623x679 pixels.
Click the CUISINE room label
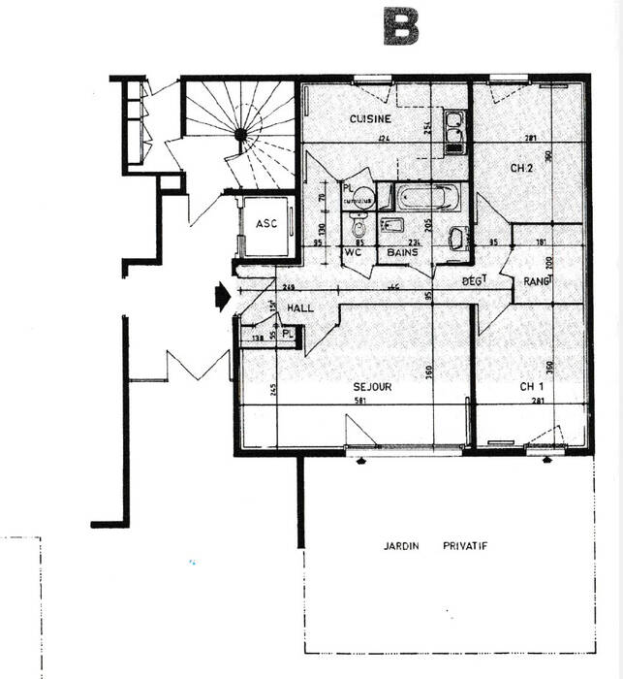point(370,118)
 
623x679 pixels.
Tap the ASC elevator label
point(266,223)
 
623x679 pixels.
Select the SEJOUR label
point(373,386)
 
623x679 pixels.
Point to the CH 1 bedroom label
point(530,386)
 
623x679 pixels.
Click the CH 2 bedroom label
point(522,168)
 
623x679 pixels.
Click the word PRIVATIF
point(466,546)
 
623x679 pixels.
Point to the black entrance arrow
point(222,295)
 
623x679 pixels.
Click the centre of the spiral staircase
point(239,132)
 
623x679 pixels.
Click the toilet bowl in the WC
point(358,230)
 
